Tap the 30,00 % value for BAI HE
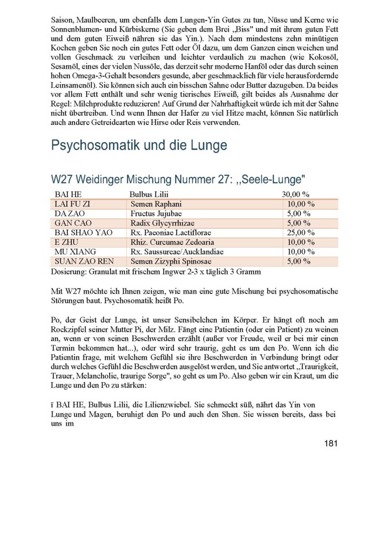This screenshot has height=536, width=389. coord(296,193)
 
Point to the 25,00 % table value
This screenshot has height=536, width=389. coord(301,232)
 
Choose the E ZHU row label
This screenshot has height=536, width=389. coord(67,242)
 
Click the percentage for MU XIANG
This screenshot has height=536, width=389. coord(301,251)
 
